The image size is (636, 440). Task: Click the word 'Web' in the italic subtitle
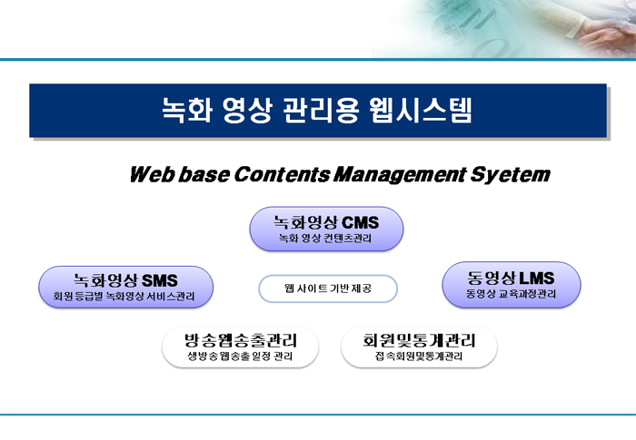(152, 174)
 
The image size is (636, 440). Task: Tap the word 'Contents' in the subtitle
(282, 174)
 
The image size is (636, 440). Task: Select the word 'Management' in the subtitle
(400, 175)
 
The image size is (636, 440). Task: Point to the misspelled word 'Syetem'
(511, 175)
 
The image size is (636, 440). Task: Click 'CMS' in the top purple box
(360, 222)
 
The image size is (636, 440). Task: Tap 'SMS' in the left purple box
(160, 280)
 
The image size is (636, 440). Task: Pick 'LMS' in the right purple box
(537, 278)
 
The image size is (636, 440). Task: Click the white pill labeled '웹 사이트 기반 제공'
(328, 288)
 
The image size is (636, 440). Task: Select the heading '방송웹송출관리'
(241, 340)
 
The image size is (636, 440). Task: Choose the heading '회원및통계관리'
(419, 340)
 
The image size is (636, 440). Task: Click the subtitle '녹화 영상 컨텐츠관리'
(325, 239)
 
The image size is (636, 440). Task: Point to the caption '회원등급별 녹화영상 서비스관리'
(124, 297)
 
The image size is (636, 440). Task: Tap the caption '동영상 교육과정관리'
(511, 294)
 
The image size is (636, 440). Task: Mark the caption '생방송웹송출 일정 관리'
(240, 357)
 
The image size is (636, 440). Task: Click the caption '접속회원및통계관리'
(419, 357)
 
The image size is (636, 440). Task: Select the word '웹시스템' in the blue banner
(421, 110)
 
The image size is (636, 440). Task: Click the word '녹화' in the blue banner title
(187, 110)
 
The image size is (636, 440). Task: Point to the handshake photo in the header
(504, 29)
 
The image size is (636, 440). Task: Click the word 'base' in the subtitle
(204, 174)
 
